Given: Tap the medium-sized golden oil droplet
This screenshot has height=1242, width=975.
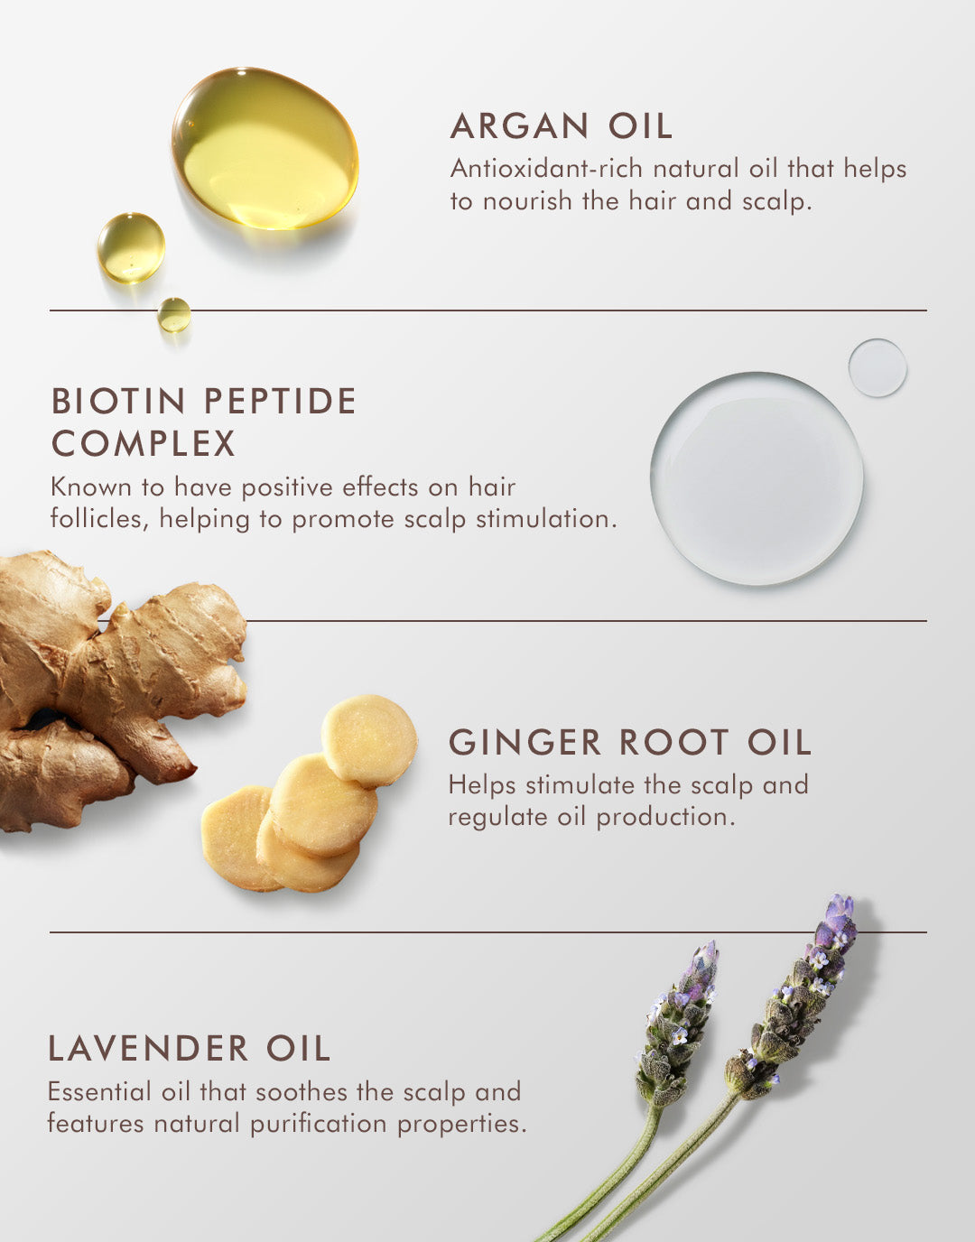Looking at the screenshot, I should (x=131, y=247).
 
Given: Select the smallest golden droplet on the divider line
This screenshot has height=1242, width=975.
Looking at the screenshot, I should (x=174, y=315).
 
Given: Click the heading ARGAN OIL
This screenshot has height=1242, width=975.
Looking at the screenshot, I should (x=562, y=126).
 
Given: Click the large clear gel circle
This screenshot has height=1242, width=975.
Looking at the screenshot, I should (x=757, y=478).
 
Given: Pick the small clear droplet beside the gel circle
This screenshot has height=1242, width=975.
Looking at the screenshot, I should (x=877, y=367).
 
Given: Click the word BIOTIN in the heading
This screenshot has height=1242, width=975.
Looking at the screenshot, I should (x=118, y=402).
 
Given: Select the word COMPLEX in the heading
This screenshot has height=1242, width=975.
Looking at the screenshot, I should (x=144, y=444).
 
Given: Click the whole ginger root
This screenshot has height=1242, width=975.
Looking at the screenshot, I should (x=108, y=686).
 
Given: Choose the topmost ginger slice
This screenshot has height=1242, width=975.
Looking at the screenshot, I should (x=369, y=740).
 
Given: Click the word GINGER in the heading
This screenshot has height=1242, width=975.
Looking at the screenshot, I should (x=525, y=743).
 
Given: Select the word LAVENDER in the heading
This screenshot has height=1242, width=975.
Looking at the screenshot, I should (x=148, y=1049).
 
